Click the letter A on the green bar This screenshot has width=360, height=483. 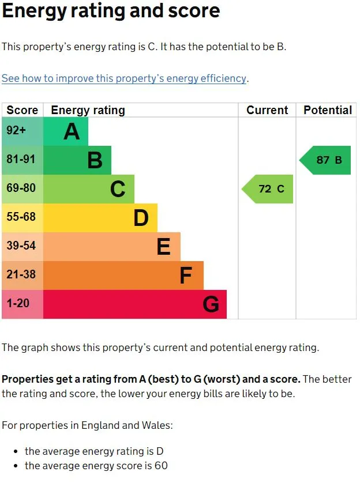[x=72, y=131]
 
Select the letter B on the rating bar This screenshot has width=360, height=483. [x=95, y=160]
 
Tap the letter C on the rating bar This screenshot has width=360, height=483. [x=118, y=189]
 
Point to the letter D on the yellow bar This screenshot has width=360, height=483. [x=141, y=218]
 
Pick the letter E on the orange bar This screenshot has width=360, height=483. [x=164, y=247]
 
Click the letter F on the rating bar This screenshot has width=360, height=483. [x=185, y=276]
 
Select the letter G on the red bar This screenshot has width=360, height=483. [x=211, y=304]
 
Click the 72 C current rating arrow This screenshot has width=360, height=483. [x=268, y=189]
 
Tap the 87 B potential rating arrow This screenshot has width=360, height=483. [x=326, y=160]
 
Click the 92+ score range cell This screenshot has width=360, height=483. [x=16, y=131]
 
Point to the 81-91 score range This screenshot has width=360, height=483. [x=21, y=160]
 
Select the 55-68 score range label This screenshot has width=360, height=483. [x=21, y=217]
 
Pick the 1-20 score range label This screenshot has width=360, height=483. [x=18, y=303]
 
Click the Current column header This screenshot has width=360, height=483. [x=267, y=110]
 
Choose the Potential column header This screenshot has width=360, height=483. [x=328, y=110]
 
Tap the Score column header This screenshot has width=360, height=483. [x=22, y=110]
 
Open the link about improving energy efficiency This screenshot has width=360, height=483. [x=124, y=78]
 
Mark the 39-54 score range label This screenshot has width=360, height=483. [x=21, y=246]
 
